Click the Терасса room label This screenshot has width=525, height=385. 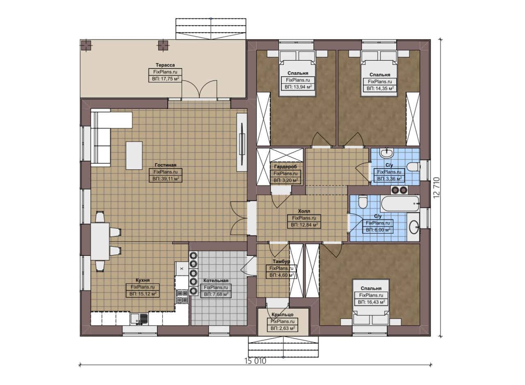tap(165, 65)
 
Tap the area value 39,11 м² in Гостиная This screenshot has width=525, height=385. tap(165, 179)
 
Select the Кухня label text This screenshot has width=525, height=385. tap(142, 280)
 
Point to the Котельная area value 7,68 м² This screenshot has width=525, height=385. tap(216, 294)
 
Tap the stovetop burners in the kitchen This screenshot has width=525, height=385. tap(182, 297)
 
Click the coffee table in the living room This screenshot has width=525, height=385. tap(134, 155)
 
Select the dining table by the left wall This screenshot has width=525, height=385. tap(100, 241)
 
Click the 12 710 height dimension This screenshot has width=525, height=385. tap(437, 188)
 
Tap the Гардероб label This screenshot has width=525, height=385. tap(285, 166)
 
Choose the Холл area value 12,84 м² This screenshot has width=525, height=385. tap(304, 225)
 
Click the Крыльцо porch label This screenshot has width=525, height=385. tap(283, 314)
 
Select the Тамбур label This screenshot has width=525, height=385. tap(281, 261)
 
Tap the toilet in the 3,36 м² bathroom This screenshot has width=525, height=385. tap(413, 167)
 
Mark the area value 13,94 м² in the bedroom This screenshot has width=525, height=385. tap(298, 87)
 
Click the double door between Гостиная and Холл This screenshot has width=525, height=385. tap(239, 218)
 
